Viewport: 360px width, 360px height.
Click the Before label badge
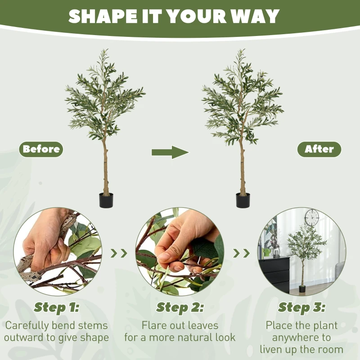tap(41, 149)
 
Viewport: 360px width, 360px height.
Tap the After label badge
tap(319, 149)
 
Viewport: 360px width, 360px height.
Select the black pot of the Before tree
tap(106, 200)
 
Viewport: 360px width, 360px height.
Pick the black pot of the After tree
tap(243, 200)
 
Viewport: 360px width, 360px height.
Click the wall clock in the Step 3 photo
tap(311, 217)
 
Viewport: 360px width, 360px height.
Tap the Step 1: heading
tap(57, 308)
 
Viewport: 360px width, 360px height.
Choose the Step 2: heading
tap(180, 308)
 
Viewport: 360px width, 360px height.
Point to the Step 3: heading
tap(301, 308)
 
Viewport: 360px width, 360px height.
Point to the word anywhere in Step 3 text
tap(301, 337)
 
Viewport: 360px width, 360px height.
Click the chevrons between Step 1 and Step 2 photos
tap(119, 253)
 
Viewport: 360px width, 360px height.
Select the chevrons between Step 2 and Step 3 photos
tap(241, 253)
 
